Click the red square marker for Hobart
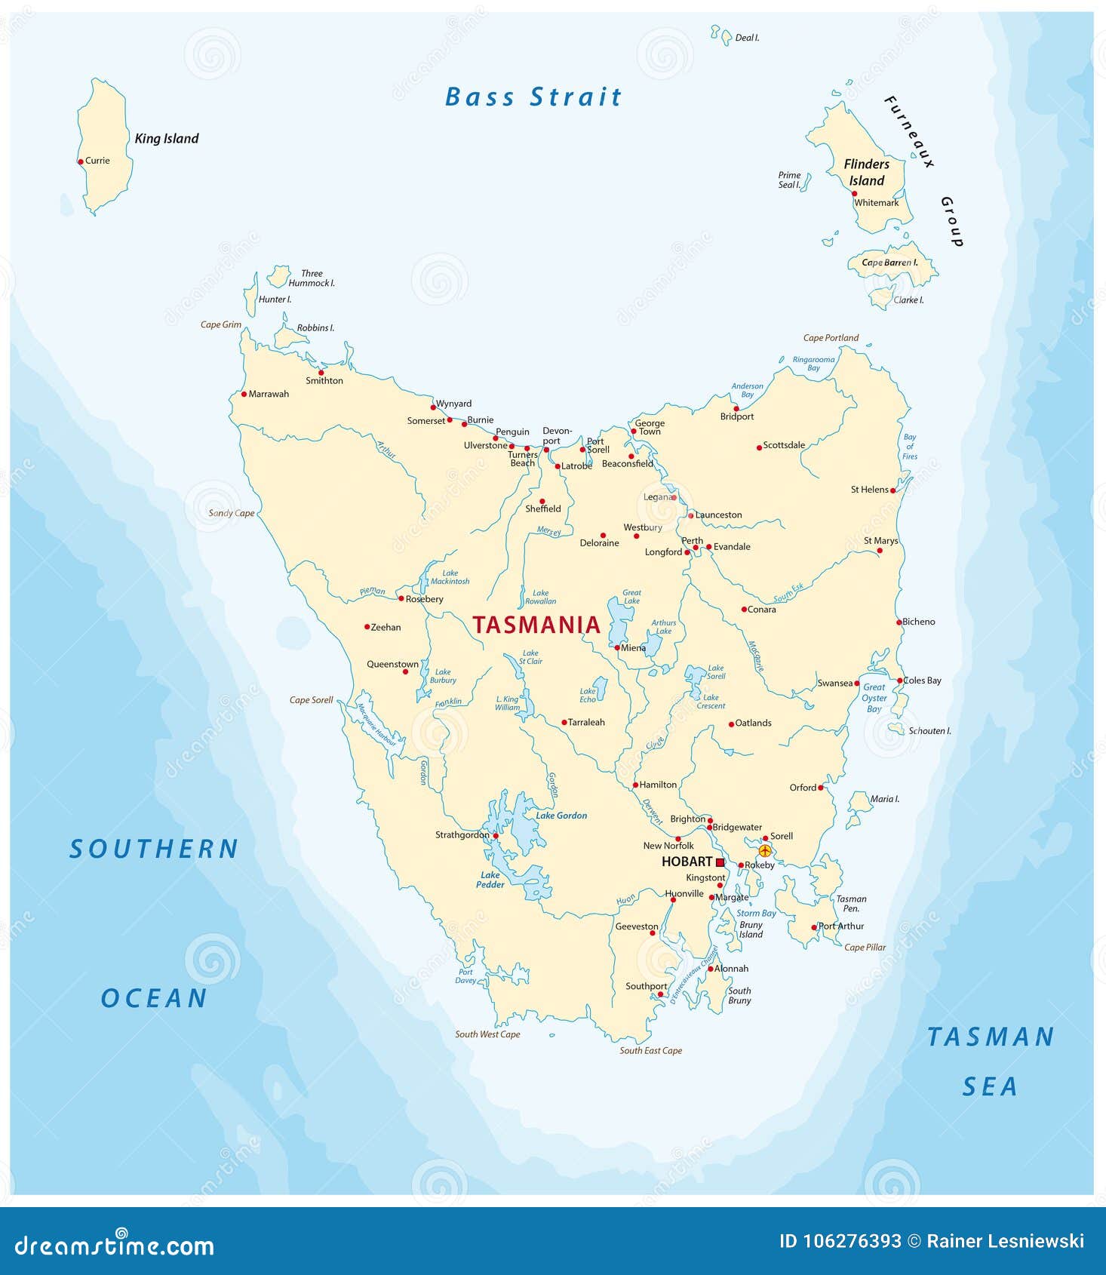click(x=720, y=862)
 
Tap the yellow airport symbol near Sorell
click(x=764, y=850)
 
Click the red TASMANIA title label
click(x=536, y=625)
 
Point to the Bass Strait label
click(x=533, y=97)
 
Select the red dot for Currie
click(x=81, y=161)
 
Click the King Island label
click(x=166, y=139)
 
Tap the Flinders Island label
click(x=866, y=172)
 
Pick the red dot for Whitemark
click(x=854, y=193)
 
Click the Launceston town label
click(x=718, y=515)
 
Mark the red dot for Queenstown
click(x=406, y=671)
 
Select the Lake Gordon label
click(x=561, y=816)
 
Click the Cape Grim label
click(x=220, y=325)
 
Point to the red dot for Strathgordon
click(x=496, y=836)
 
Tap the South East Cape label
click(x=650, y=1051)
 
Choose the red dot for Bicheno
click(x=899, y=622)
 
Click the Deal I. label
click(x=747, y=38)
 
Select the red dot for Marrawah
click(x=244, y=394)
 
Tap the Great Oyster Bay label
click(x=874, y=698)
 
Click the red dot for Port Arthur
click(x=814, y=927)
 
